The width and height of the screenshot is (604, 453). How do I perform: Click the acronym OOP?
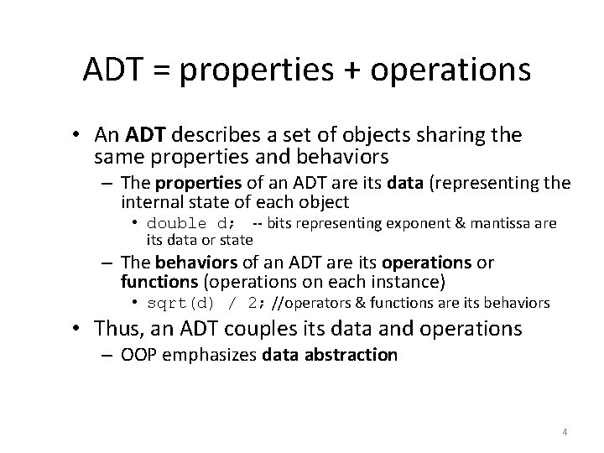138,355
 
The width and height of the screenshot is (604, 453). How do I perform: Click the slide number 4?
565,433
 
